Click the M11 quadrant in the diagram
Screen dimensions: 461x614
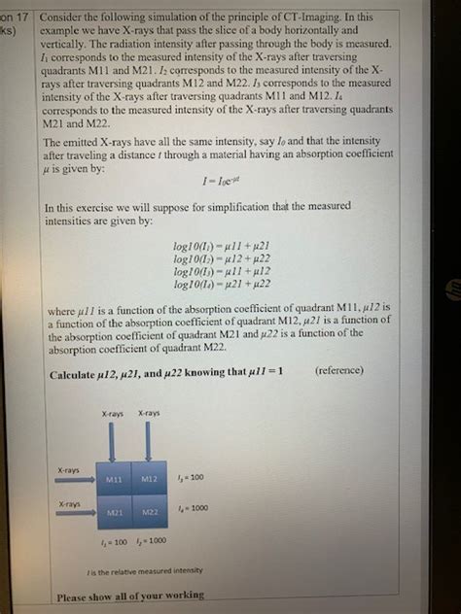tap(115, 479)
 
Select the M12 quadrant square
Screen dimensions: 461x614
tap(149, 479)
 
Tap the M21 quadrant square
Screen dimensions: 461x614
tap(115, 512)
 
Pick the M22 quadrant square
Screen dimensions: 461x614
tap(149, 512)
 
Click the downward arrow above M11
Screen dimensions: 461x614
tap(114, 442)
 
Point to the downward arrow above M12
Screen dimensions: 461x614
tap(149, 442)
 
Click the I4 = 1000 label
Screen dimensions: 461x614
tap(193, 508)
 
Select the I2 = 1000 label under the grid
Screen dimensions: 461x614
tap(153, 540)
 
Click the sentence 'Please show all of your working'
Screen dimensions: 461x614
tap(130, 596)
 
